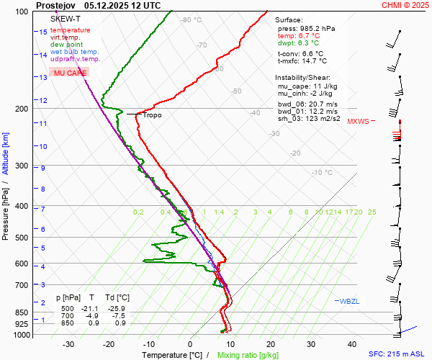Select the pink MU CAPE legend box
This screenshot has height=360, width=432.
[70, 73]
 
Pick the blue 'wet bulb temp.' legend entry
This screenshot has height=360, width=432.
[75, 52]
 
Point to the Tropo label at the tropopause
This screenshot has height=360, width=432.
[152, 115]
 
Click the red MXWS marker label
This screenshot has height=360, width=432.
[358, 122]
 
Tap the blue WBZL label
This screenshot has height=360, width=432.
[349, 300]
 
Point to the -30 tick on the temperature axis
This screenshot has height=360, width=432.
[69, 344]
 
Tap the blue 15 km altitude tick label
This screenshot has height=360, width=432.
[43, 32]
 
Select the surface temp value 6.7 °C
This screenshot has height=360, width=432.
[309, 35]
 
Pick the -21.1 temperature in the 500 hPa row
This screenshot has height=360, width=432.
[91, 308]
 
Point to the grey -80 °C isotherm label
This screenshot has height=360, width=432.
[192, 20]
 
